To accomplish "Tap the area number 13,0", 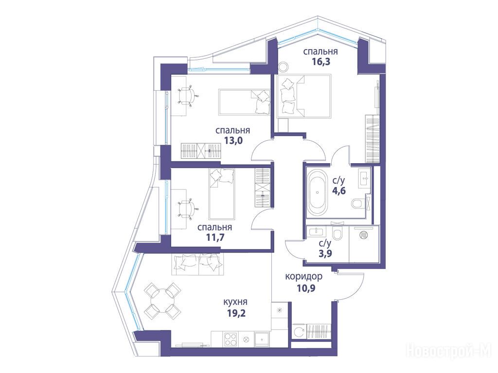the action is [233, 140].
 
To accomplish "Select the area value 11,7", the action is [215, 237].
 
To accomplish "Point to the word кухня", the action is [235, 302].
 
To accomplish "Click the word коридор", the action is [303, 276].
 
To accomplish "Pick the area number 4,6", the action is [338, 191].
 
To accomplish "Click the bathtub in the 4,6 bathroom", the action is [317, 193].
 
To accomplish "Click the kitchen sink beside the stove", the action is [262, 339].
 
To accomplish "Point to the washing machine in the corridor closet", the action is [299, 332].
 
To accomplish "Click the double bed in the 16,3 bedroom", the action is [303, 96].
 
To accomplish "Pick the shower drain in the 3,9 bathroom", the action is [363, 235].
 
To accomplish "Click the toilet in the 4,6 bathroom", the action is [358, 203].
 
